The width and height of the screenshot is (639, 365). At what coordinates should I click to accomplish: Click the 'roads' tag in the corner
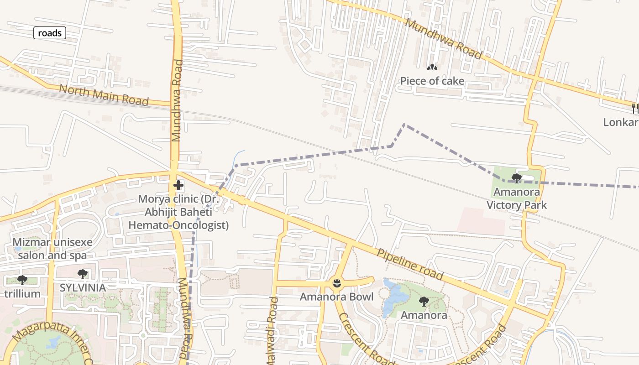(x=50, y=33)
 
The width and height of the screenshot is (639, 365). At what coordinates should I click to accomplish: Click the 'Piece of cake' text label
(x=432, y=81)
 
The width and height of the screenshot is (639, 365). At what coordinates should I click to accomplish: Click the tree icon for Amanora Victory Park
(x=517, y=178)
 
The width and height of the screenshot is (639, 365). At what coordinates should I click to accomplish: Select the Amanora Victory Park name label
(x=517, y=198)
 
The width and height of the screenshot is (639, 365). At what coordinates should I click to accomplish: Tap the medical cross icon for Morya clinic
(x=178, y=185)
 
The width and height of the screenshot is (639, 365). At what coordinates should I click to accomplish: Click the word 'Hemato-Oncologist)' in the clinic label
(x=178, y=225)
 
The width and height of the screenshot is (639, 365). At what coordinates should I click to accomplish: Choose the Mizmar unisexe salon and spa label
(x=52, y=249)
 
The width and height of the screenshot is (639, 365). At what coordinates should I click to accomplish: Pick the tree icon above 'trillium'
(x=22, y=280)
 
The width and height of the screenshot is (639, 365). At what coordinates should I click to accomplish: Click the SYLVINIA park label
(x=83, y=287)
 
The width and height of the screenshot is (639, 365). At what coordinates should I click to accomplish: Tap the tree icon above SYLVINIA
(x=83, y=274)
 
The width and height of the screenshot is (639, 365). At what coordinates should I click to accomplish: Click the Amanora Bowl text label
(x=336, y=297)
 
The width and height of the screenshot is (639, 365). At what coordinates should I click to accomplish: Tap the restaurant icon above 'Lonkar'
(x=634, y=109)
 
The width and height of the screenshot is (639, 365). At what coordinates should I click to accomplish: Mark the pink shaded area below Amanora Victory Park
(x=482, y=221)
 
